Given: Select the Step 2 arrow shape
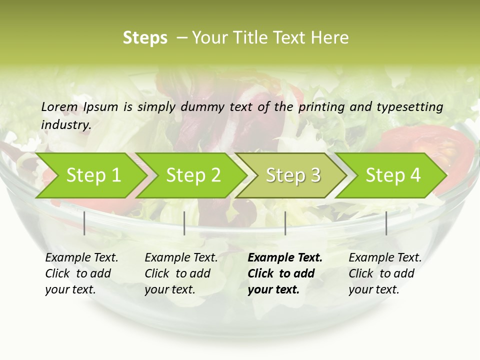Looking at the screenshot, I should [193, 175].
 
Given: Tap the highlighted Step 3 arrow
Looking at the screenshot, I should [293, 175].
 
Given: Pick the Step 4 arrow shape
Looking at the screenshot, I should [393, 175].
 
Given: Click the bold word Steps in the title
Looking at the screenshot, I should [145, 38].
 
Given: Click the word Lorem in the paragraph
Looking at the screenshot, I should [59, 107].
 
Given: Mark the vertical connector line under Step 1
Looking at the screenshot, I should [84, 223].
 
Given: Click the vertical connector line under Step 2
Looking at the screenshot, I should [184, 223].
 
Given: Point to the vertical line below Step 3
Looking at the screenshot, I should [285, 223].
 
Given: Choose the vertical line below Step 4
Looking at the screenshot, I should [386, 223].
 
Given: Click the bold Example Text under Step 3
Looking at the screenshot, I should [285, 258].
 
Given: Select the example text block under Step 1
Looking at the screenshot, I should [81, 273].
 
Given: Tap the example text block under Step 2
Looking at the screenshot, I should [181, 273].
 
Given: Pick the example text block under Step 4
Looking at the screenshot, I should [385, 273].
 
